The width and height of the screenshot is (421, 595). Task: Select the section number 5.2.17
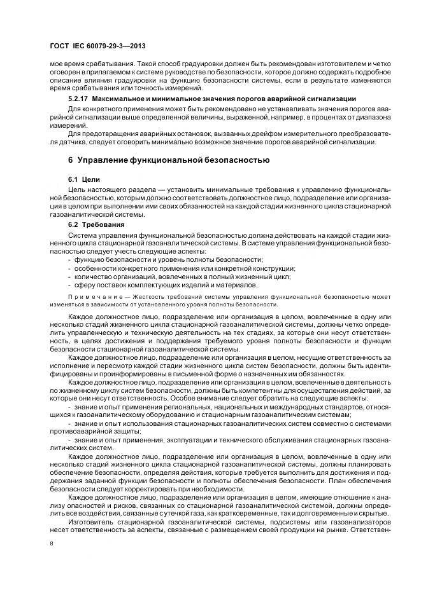pyautogui.click(x=80, y=100)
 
